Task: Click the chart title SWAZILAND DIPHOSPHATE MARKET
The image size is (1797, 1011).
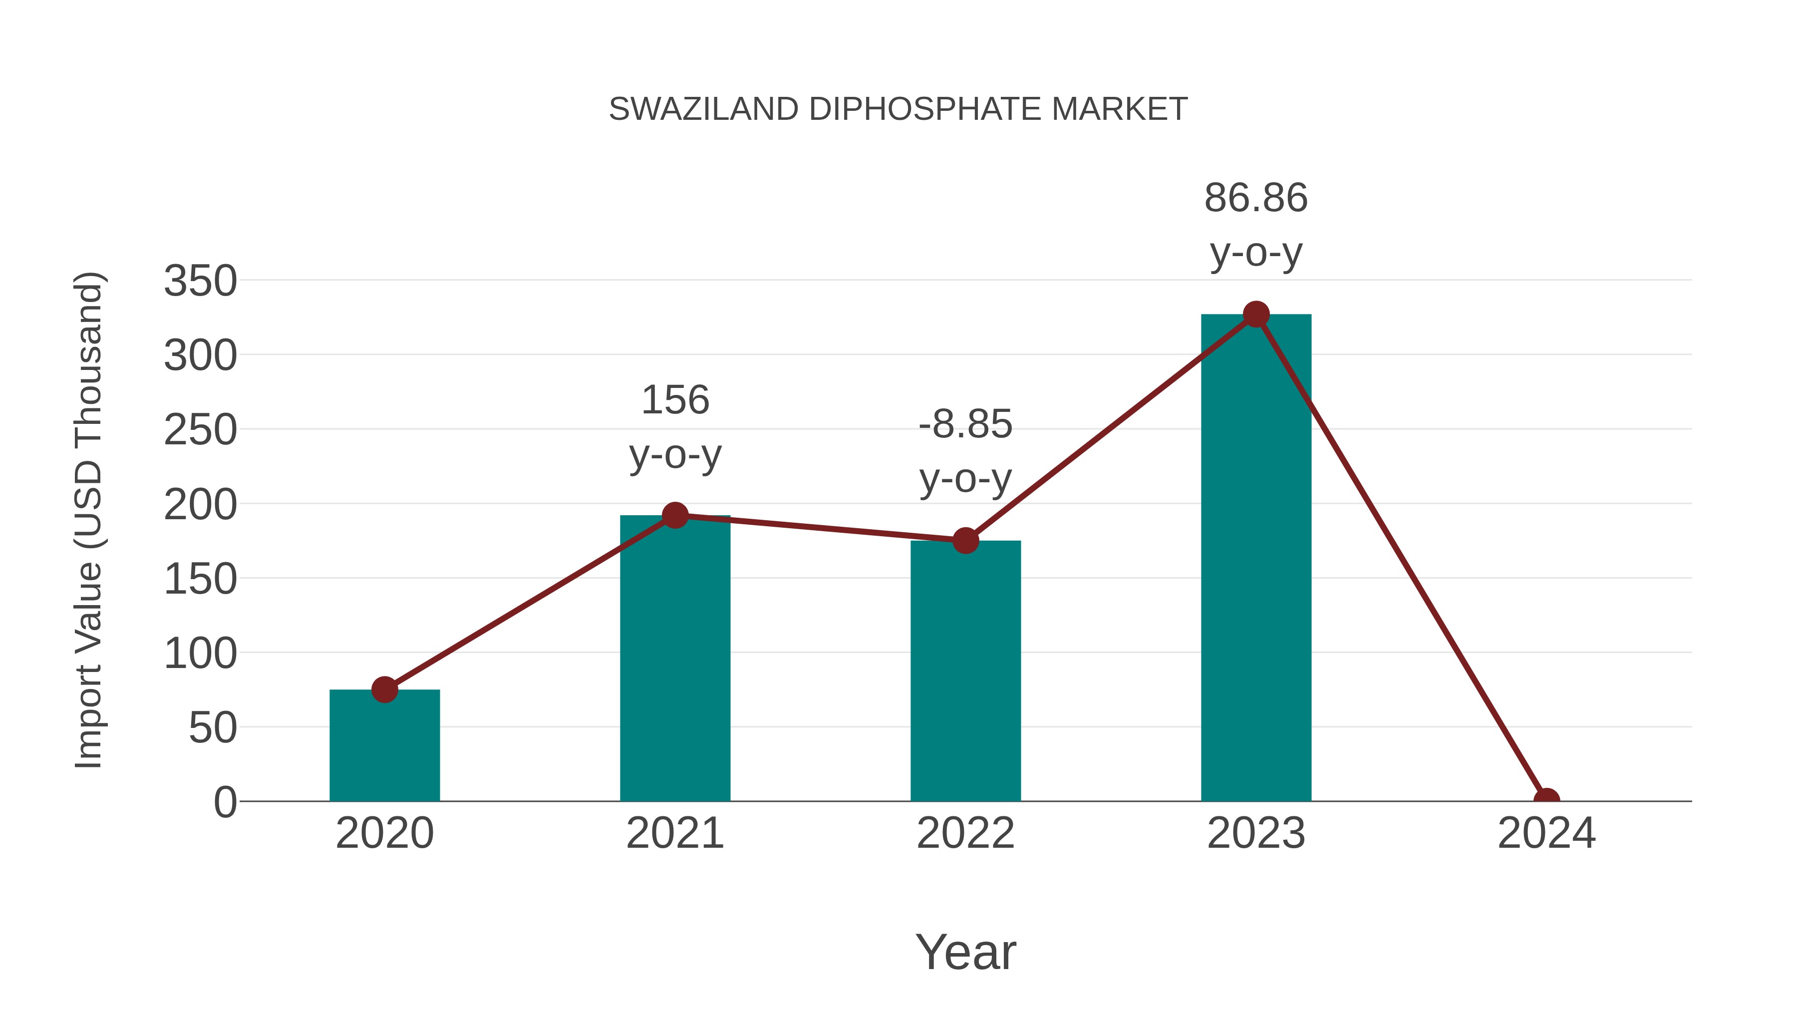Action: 898,109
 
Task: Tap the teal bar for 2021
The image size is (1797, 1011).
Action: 674,663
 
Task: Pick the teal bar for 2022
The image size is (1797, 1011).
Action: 965,674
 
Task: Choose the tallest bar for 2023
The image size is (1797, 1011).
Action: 1256,558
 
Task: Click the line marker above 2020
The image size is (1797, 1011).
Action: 384,689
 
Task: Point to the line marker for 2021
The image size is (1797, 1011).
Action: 674,516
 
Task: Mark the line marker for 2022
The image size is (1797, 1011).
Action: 965,541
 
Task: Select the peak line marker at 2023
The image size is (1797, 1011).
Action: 1256,315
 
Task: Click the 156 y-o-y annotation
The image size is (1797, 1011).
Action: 674,427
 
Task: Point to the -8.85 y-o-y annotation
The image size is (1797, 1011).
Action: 965,451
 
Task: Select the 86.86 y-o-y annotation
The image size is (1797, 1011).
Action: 1256,225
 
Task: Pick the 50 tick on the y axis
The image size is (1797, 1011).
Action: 213,728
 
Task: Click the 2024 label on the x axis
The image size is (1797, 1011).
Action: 1546,833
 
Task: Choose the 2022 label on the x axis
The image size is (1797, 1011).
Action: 965,833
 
